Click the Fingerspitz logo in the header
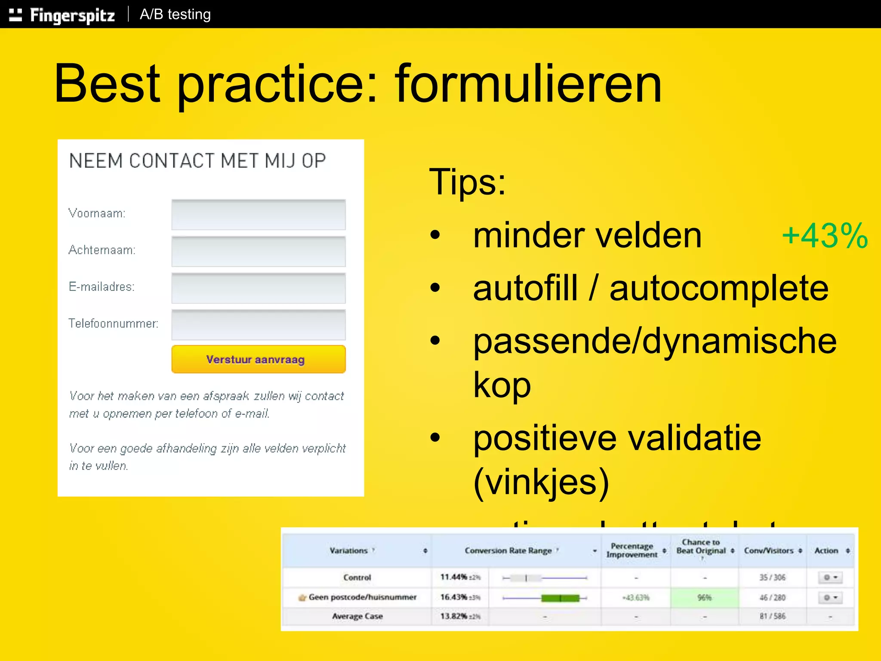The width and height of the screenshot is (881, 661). point(62,15)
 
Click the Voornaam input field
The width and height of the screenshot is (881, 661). point(258,214)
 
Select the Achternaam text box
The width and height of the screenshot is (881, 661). point(258,251)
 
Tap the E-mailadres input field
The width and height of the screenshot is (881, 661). point(258,287)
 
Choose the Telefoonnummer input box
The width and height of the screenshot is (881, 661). point(258,324)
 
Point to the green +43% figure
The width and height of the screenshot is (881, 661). point(824,236)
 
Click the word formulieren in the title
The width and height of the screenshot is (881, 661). point(528,84)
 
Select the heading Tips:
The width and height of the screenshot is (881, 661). point(468,182)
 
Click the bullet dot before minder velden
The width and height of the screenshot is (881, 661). point(435,235)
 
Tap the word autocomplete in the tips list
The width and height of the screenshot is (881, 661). point(718,288)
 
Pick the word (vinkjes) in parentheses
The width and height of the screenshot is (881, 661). point(541,482)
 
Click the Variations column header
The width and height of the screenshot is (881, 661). point(349,550)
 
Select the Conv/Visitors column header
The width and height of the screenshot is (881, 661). point(769,550)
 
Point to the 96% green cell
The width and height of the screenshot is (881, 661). point(704,597)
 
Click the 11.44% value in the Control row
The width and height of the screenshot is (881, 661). point(453,577)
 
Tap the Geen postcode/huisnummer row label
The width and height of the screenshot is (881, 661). point(362,597)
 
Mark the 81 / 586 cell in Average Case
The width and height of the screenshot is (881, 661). point(772,616)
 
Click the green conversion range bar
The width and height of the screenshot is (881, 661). point(560,598)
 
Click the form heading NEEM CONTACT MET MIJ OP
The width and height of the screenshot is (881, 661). point(197,161)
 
